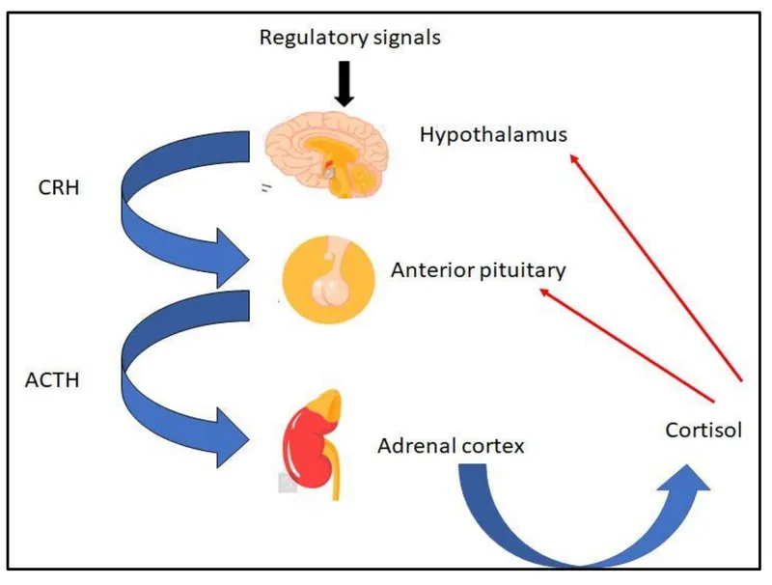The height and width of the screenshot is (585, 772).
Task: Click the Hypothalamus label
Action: (x=492, y=134)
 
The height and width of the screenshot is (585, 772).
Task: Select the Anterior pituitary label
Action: (x=478, y=271)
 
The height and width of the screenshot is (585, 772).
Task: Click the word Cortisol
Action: (x=703, y=431)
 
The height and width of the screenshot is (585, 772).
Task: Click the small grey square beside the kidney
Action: (x=287, y=483)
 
